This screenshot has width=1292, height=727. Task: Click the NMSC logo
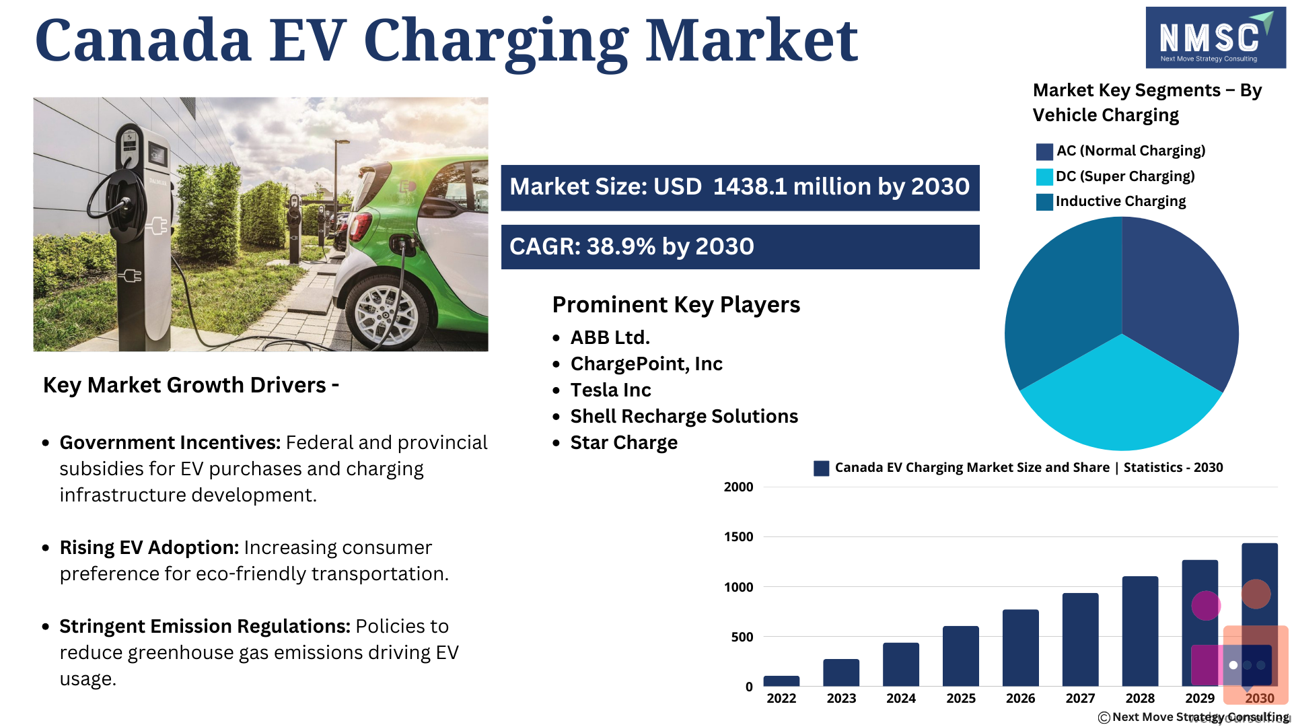(1215, 38)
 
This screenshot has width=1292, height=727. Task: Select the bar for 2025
(960, 656)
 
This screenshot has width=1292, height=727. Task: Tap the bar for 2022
(781, 681)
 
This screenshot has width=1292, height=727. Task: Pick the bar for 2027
(1080, 639)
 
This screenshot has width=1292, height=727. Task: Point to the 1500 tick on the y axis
(738, 536)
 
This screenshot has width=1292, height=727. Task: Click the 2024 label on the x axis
(901, 698)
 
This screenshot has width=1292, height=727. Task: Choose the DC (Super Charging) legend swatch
(1044, 177)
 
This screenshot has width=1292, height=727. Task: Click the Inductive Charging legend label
(1120, 201)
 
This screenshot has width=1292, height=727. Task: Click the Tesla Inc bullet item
(610, 390)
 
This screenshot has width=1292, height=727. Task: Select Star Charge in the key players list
(624, 443)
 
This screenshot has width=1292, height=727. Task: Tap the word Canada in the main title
(143, 40)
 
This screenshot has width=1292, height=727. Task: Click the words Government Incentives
(170, 442)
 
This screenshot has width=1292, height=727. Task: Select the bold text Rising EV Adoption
(149, 547)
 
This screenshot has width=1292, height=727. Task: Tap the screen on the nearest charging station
(157, 155)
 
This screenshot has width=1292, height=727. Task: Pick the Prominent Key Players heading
(676, 305)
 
